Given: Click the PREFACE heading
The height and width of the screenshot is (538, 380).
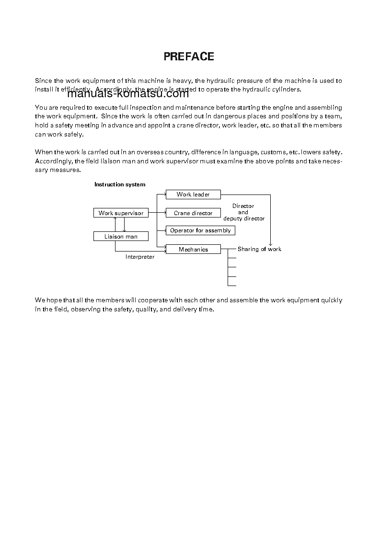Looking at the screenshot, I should click(x=189, y=57).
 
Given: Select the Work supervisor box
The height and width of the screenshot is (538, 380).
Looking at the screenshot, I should click(x=121, y=213).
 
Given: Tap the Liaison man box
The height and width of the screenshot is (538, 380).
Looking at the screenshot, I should click(x=121, y=237).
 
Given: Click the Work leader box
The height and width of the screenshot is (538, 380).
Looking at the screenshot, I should click(x=193, y=195).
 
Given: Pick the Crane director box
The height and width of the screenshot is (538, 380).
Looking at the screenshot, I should click(x=193, y=213).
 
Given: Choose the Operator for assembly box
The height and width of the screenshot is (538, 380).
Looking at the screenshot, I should click(x=200, y=230).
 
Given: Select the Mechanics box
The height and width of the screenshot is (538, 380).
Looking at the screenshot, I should click(x=193, y=250).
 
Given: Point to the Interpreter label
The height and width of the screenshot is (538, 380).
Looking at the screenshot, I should click(x=140, y=257).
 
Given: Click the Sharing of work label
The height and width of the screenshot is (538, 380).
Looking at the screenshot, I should click(x=259, y=249).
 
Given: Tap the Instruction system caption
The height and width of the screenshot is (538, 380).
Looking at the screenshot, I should click(x=120, y=184).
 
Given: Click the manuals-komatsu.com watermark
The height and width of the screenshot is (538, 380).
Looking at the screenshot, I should click(x=128, y=94).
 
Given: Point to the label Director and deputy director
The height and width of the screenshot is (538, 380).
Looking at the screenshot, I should click(x=243, y=212).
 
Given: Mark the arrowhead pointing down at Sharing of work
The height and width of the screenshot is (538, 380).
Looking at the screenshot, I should click(x=270, y=244).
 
